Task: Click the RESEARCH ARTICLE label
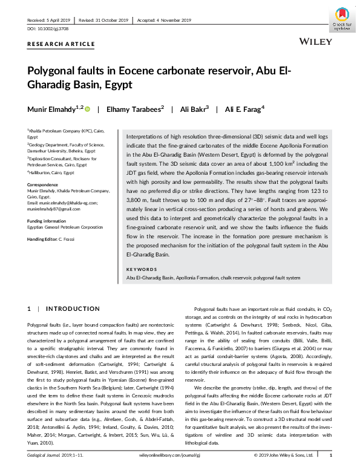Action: click(61, 44)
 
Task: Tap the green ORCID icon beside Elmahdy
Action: click(87, 109)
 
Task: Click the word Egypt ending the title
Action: click(119, 85)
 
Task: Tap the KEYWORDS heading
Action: click(142, 269)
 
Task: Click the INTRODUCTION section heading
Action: click(73, 309)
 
